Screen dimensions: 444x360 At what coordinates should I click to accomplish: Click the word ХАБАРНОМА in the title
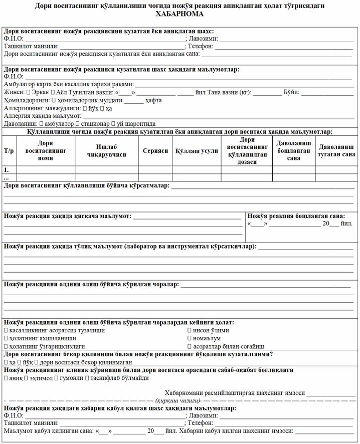[x=180, y=15]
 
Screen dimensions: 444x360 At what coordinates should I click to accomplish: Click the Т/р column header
[x=9, y=150]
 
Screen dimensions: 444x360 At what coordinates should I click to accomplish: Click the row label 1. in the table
[x=7, y=170]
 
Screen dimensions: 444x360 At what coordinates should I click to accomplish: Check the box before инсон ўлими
[x=189, y=330]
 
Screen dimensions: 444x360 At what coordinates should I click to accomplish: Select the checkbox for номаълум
[x=189, y=338]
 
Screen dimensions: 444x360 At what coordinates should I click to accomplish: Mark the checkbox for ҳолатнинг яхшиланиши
[x=6, y=338]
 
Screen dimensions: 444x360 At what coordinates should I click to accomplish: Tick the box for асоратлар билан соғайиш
[x=189, y=346]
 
